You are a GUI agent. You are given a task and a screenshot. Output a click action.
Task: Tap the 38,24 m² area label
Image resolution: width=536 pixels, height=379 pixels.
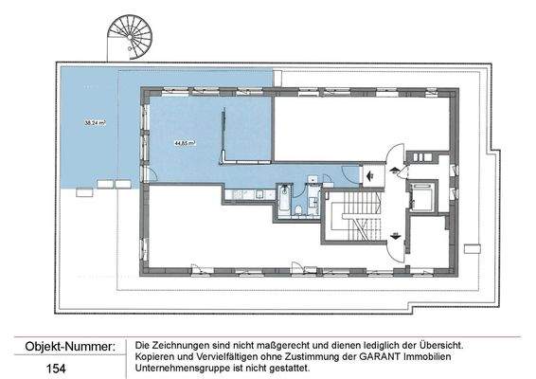(x=94, y=123)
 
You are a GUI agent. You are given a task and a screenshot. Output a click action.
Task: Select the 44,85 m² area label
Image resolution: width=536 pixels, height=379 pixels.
(x=183, y=142)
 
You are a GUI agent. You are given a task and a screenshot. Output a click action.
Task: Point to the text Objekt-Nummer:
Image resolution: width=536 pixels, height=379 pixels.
(x=63, y=347)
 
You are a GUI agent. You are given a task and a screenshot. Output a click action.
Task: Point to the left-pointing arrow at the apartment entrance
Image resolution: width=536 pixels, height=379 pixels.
(x=368, y=172)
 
